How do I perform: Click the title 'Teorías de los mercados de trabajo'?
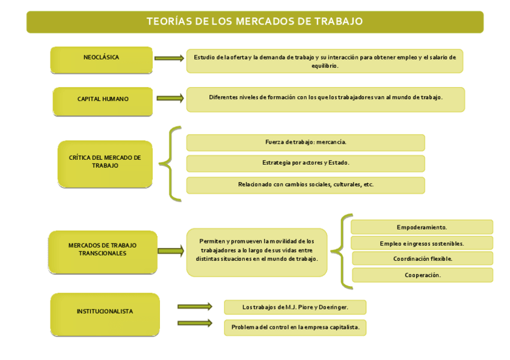point(254,22)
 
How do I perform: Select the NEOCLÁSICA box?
point(101,58)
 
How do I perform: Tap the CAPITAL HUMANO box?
point(102,99)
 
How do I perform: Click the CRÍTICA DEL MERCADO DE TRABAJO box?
point(105,162)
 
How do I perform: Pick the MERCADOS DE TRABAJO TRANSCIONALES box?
point(102,250)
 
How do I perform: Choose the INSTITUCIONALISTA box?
point(105,312)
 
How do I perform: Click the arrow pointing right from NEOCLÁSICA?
point(169,58)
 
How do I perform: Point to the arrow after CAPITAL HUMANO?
point(170,98)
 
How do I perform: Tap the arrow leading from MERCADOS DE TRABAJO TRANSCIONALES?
point(171,251)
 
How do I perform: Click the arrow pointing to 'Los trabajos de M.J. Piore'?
point(195,307)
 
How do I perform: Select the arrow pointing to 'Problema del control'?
point(195,323)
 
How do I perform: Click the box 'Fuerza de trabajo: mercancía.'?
point(306,142)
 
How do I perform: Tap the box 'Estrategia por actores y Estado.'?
point(306,163)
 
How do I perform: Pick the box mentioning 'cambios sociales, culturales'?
point(306,185)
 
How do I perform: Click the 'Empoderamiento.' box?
point(422,227)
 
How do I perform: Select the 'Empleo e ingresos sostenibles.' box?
point(422,243)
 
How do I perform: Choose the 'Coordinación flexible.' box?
point(422,258)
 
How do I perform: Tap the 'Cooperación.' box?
point(422,275)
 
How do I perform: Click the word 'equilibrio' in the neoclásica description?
point(325,66)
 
